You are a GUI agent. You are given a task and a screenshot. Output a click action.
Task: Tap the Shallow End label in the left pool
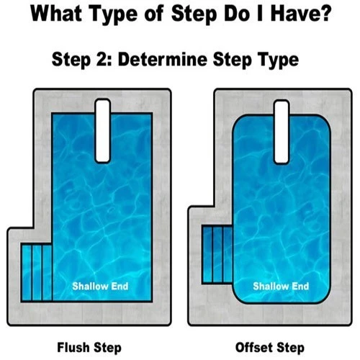[x=100, y=287]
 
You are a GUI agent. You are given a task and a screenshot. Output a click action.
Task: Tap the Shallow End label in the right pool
[x=282, y=287]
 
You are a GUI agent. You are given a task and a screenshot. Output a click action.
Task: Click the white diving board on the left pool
[x=103, y=130]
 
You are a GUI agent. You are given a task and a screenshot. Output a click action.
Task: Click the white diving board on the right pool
[x=282, y=130]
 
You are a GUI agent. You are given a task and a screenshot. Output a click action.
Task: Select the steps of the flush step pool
[x=37, y=271]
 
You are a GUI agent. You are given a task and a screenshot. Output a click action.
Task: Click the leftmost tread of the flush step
[x=27, y=271]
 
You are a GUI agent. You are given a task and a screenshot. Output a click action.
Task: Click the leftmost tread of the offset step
[x=207, y=253]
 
